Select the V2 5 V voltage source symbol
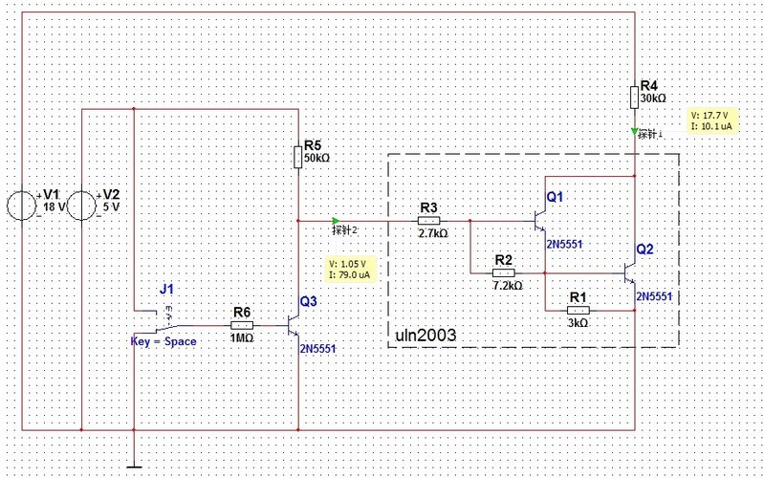coord(84,206)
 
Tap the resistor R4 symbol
coord(634,98)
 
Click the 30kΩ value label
coord(653,98)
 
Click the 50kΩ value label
coord(318,157)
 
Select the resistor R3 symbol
coord(428,220)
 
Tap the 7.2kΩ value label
coord(507,285)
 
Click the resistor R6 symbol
coord(242,325)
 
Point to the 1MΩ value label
coord(242,337)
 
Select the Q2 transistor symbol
coord(629,272)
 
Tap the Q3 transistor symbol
coord(295,325)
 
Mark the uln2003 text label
coord(426,337)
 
